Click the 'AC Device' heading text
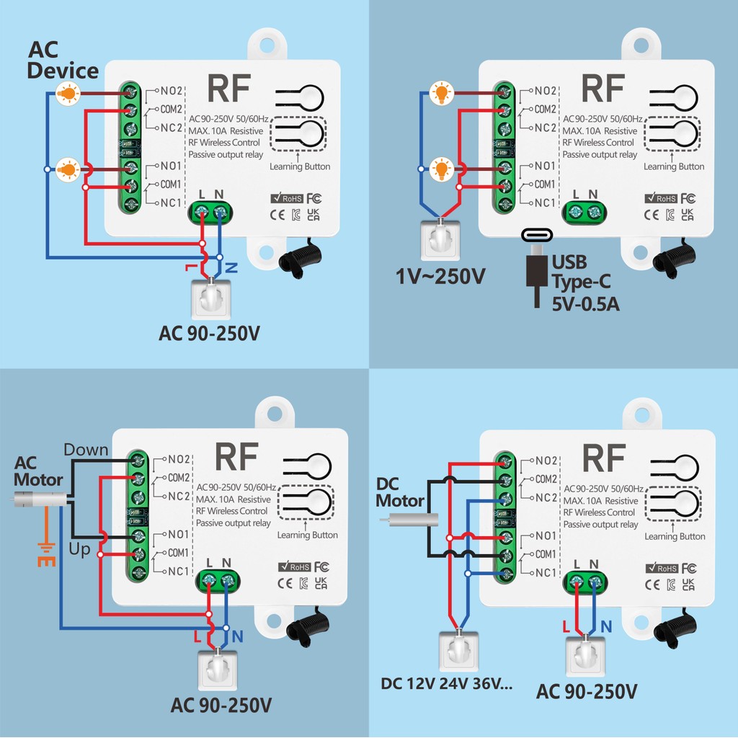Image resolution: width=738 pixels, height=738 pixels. (63, 61)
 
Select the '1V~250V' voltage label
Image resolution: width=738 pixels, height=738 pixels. (440, 276)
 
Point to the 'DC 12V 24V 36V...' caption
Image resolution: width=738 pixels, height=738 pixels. (446, 683)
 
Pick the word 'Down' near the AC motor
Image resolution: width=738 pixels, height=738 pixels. (86, 450)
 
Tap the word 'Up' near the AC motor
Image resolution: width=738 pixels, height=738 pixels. (79, 549)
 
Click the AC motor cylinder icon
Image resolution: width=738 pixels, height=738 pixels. (40, 499)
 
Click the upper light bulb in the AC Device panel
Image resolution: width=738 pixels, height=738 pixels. (68, 93)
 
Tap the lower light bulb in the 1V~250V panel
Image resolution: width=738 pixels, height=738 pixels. (442, 169)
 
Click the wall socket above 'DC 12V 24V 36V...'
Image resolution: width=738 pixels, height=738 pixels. (458, 651)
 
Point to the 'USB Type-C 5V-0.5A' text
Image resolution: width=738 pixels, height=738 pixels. (585, 283)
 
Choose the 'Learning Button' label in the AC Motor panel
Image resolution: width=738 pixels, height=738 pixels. (307, 535)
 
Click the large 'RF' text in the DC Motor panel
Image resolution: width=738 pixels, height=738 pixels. (604, 458)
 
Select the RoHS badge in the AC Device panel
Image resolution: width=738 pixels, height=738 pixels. (286, 198)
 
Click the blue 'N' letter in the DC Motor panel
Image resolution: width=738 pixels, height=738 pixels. (606, 626)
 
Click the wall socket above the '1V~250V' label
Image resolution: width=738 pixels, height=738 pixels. (440, 239)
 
